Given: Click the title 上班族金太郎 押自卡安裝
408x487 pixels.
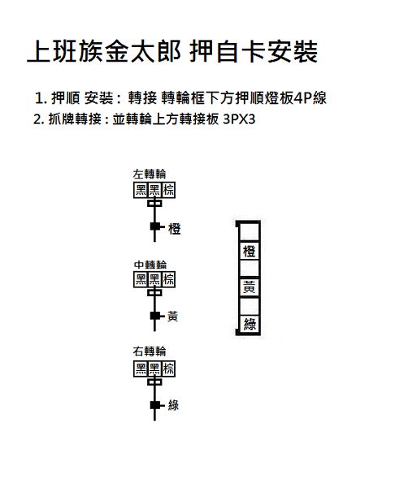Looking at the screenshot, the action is [x=172, y=52].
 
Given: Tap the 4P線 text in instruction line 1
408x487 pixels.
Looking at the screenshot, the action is [x=310, y=98].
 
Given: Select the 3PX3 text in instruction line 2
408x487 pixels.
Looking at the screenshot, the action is [x=239, y=119].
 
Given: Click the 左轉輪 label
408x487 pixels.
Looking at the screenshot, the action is [x=150, y=174].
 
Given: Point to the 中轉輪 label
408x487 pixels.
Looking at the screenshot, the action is [x=150, y=265].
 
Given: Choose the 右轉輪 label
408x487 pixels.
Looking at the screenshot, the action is [x=150, y=351].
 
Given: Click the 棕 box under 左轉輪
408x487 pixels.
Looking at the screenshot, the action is [x=168, y=190].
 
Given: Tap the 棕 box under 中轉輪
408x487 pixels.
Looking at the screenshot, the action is [x=168, y=279].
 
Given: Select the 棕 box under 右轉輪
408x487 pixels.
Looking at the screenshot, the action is [x=168, y=369].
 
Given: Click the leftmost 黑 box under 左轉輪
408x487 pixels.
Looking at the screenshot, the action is [x=141, y=190].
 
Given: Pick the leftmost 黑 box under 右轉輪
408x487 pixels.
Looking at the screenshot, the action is [x=141, y=369].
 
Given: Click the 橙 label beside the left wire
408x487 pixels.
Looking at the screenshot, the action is [x=175, y=229].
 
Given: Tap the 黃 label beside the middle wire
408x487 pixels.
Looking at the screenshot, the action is [x=172, y=317].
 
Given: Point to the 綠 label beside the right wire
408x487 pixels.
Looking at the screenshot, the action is [x=173, y=405].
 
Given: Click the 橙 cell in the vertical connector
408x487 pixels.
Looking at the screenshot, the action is [x=249, y=251].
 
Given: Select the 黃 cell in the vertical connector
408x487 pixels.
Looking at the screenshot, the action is [x=249, y=287].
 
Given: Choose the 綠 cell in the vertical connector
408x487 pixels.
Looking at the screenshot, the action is [x=250, y=324].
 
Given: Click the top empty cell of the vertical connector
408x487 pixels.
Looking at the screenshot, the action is [x=249, y=231].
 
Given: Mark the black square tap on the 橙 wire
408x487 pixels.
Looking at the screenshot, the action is [x=155, y=226].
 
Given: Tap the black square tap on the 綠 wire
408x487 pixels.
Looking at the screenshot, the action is [x=155, y=405].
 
